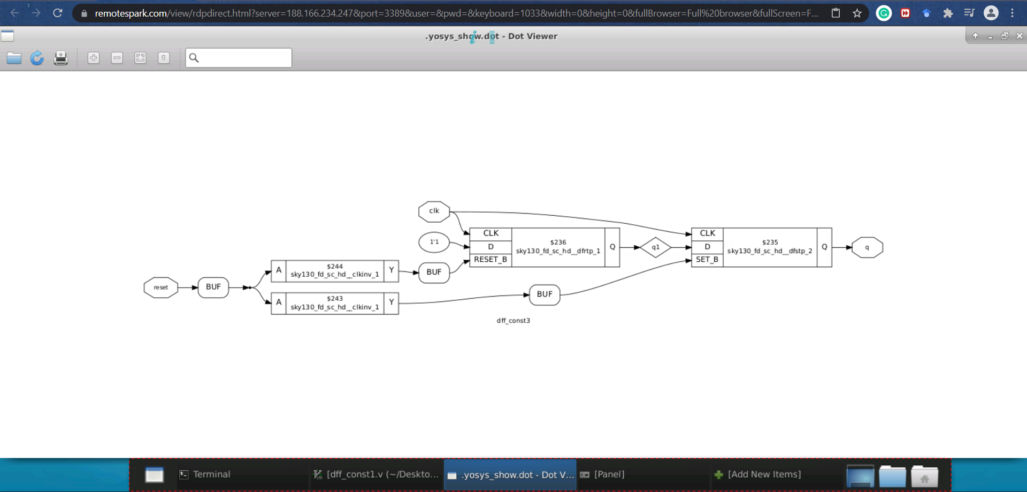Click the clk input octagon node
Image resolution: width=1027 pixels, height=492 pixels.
pyautogui.click(x=434, y=211)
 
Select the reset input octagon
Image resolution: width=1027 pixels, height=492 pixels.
pyautogui.click(x=160, y=287)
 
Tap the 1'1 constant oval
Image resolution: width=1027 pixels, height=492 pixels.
pyautogui.click(x=434, y=242)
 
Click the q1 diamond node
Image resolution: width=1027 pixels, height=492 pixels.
pyautogui.click(x=655, y=247)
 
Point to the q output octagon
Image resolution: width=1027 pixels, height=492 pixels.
pyautogui.click(x=867, y=247)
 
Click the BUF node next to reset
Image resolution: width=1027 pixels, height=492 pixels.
pyautogui.click(x=213, y=287)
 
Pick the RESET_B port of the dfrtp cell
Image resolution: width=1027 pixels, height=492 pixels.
pyautogui.click(x=490, y=260)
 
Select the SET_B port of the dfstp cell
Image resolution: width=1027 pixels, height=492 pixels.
pyautogui.click(x=707, y=260)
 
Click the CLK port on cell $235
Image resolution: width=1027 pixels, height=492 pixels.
pyautogui.click(x=707, y=233)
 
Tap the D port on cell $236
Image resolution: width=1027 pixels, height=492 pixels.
pyautogui.click(x=490, y=247)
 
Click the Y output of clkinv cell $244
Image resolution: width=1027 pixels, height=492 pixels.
pyautogui.click(x=391, y=270)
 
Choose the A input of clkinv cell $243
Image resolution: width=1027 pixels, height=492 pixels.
pyautogui.click(x=279, y=302)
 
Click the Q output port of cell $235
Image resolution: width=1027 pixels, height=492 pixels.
pyautogui.click(x=824, y=247)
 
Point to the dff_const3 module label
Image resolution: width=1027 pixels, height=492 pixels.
pyautogui.click(x=513, y=321)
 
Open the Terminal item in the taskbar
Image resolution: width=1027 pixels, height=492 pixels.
pyautogui.click(x=211, y=474)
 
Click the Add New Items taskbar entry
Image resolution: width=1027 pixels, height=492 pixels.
pyautogui.click(x=764, y=474)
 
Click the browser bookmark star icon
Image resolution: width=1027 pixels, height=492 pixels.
pyautogui.click(x=857, y=13)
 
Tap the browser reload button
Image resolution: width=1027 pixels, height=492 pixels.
pyautogui.click(x=58, y=13)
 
